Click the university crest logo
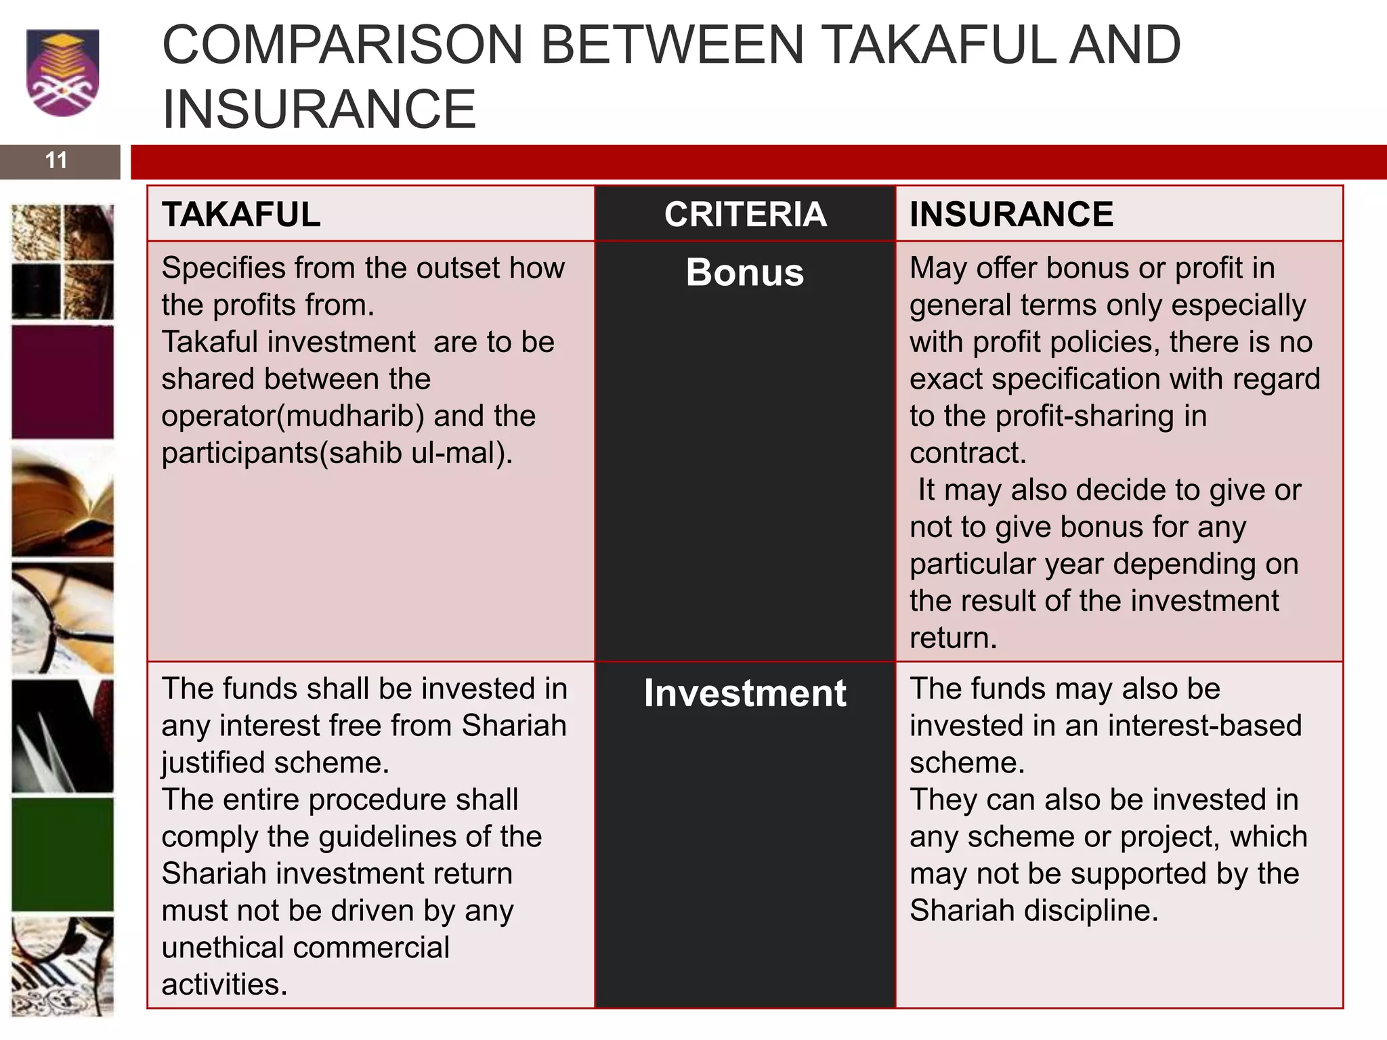[62, 72]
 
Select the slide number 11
[56, 160]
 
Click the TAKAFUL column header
[241, 215]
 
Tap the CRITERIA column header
[745, 215]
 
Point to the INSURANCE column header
[1011, 215]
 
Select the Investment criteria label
[745, 693]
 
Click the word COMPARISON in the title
[343, 45]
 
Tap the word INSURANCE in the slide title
[320, 109]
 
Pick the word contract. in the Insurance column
[968, 453]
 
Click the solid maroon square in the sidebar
[63, 383]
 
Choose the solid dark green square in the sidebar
[63, 854]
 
